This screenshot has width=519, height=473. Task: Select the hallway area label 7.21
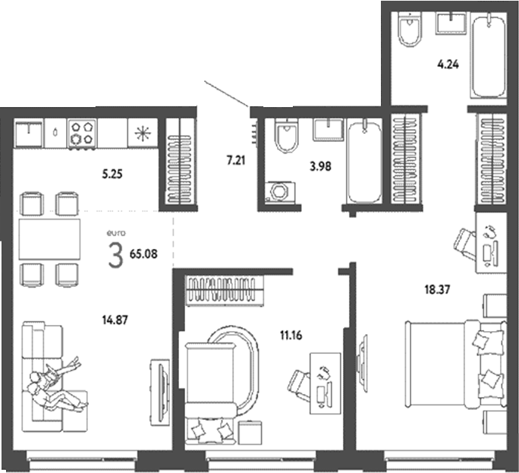[236, 160]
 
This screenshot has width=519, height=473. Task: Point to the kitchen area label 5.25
[112, 173]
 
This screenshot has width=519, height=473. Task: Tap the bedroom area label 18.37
[438, 289]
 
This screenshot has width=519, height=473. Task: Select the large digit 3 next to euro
[115, 256]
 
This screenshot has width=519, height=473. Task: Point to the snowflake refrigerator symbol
[141, 134]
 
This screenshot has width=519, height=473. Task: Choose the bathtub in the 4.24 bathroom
[487, 55]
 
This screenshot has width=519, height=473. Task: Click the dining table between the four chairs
[50, 240]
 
